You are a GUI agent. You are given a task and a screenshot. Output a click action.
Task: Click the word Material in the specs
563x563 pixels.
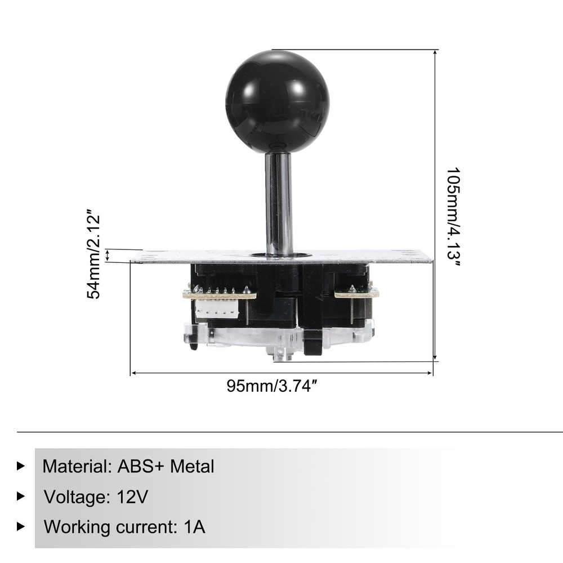[x=75, y=467]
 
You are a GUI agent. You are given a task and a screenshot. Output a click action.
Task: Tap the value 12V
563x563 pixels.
[x=133, y=497]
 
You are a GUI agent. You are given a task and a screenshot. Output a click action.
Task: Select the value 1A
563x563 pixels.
[x=195, y=528]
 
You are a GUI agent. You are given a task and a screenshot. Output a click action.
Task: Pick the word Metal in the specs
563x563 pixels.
[x=193, y=467]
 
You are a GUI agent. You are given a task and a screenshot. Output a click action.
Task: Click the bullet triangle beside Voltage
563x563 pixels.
[x=21, y=497]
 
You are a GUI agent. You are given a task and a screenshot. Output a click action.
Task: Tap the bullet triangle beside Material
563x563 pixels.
[x=21, y=466]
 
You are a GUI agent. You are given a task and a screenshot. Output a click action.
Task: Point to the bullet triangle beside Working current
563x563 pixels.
[x=21, y=527]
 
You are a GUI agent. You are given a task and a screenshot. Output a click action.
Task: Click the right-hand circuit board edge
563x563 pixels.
[x=356, y=293]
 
